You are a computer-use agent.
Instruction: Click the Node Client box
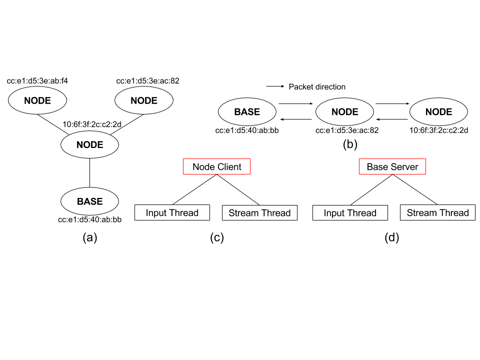[x=216, y=167]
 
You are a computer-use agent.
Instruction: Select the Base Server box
[x=392, y=167]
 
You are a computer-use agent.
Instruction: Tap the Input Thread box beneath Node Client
[x=172, y=213]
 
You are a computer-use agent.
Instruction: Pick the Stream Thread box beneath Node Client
[x=259, y=213]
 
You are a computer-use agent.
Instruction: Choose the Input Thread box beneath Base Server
[x=350, y=213]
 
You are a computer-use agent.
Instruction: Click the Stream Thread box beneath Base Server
[x=437, y=213]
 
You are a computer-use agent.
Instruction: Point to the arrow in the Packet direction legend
[x=275, y=87]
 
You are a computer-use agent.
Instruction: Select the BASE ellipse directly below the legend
[x=247, y=112]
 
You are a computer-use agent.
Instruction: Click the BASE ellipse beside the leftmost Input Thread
[x=89, y=201]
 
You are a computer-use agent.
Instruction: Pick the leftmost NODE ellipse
[x=37, y=100]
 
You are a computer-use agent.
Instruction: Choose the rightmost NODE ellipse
[x=438, y=112]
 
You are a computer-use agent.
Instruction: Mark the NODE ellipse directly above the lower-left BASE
[x=89, y=145]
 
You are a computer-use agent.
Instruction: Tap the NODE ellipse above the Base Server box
[x=344, y=112]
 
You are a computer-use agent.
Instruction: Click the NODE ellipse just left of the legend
[x=144, y=100]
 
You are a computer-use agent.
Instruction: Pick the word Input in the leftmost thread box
[x=156, y=213]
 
